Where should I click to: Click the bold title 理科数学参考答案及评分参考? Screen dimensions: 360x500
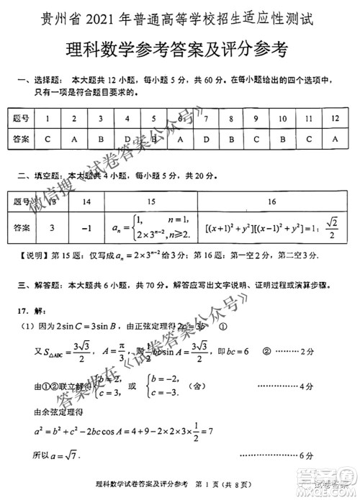coord(179,50)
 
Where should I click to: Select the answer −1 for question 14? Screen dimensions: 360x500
coord(87,229)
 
